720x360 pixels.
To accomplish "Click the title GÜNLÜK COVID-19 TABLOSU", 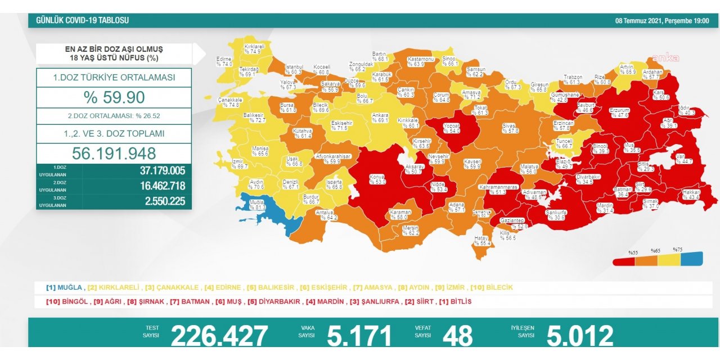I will pyautogui.click(x=82, y=20).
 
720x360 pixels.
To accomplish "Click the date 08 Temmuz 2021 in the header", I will pyautogui.click(x=661, y=20).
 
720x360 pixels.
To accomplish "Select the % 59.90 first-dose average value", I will pyautogui.click(x=114, y=97).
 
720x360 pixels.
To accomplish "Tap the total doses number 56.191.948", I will pyautogui.click(x=114, y=153).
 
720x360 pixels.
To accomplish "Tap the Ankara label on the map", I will pyautogui.click(x=380, y=118).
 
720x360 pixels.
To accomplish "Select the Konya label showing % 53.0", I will pyautogui.click(x=376, y=179).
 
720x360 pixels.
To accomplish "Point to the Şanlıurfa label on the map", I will pyautogui.click(x=556, y=215).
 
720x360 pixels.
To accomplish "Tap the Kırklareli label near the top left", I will pyautogui.click(x=254, y=48).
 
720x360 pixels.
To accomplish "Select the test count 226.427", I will pyautogui.click(x=219, y=336).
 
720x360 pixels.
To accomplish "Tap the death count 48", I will pyautogui.click(x=458, y=336).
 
